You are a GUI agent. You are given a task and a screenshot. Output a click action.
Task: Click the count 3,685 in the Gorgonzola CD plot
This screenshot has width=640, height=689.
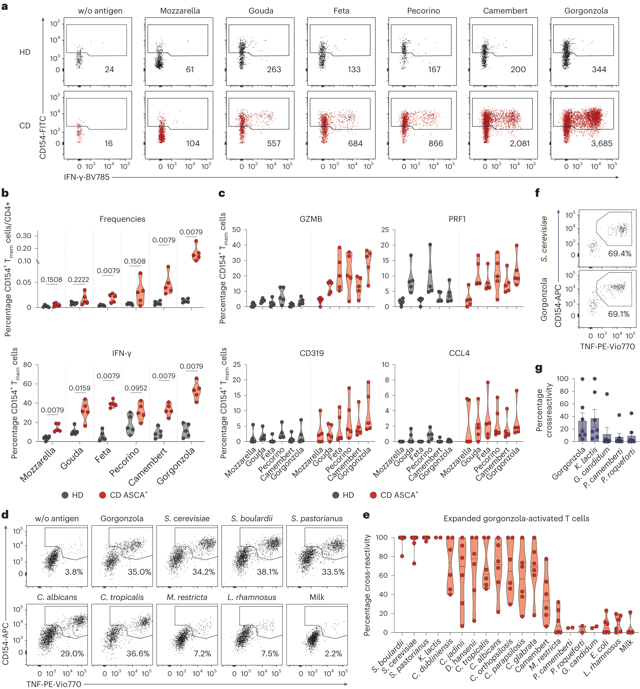[601, 143]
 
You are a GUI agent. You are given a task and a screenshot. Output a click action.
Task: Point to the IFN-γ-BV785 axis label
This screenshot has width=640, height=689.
[87, 177]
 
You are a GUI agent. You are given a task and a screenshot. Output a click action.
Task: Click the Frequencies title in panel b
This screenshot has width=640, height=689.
[122, 219]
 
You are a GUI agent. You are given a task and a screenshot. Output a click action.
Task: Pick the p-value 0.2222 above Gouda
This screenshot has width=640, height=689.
[78, 280]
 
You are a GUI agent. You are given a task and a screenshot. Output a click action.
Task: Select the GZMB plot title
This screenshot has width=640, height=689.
[311, 219]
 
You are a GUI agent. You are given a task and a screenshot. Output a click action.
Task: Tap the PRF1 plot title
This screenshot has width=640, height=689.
[457, 219]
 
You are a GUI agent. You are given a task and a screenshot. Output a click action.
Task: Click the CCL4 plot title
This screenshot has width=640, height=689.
[459, 353]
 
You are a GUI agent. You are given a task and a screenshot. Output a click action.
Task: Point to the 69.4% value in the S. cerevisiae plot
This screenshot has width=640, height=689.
[620, 254]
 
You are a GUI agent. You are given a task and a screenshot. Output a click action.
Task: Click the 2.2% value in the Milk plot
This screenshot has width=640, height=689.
[333, 654]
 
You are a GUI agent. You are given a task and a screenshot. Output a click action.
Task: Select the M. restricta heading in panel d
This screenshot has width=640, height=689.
[187, 597]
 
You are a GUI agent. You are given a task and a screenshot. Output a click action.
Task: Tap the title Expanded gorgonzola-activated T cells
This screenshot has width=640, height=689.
[516, 518]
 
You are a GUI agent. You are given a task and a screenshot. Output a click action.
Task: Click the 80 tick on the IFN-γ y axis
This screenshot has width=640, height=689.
[27, 365]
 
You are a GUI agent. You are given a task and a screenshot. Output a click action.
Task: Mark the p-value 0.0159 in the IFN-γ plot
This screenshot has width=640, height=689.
[79, 388]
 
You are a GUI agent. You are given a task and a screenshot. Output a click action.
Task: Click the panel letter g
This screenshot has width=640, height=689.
[538, 368]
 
